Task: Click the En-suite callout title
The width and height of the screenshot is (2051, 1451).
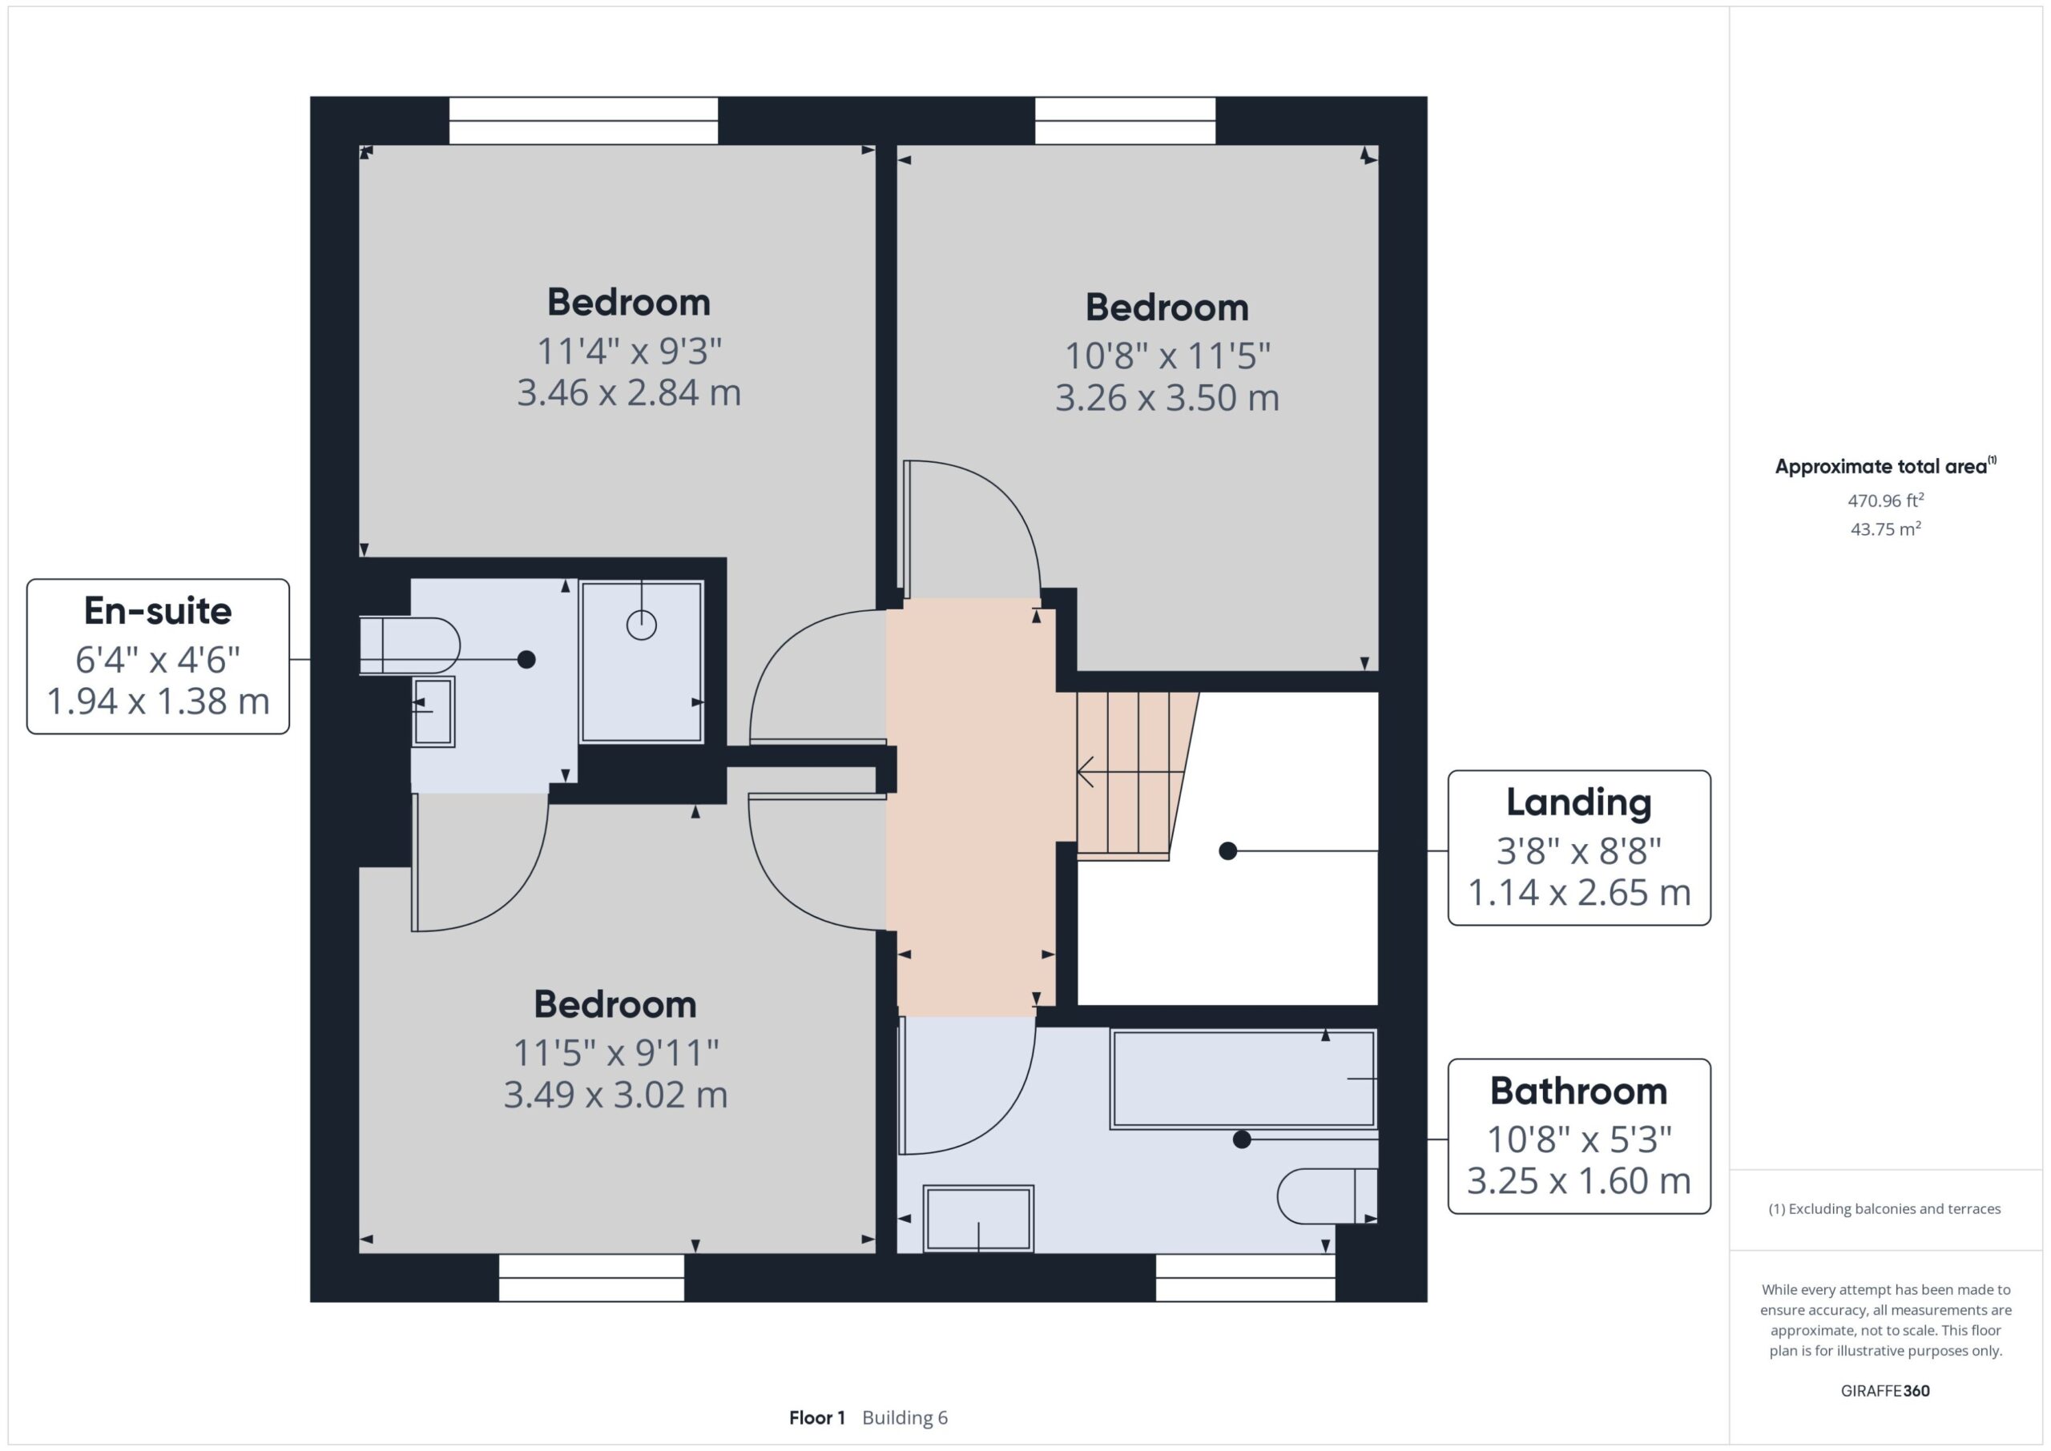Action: pyautogui.click(x=158, y=611)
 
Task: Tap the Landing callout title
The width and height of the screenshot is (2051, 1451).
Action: pyautogui.click(x=1579, y=802)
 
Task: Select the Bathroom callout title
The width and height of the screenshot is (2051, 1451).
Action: pyautogui.click(x=1579, y=1091)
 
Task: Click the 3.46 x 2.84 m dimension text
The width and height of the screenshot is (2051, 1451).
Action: pyautogui.click(x=629, y=393)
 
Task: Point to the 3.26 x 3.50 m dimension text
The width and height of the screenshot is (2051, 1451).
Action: pyautogui.click(x=1167, y=398)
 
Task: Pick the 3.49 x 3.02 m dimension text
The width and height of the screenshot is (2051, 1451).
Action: pyautogui.click(x=616, y=1095)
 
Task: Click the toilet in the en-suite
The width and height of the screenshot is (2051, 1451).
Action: pyautogui.click(x=409, y=645)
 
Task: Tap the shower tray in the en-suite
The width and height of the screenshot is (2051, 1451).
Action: pyautogui.click(x=642, y=662)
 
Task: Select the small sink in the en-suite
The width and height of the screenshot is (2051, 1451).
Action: pyautogui.click(x=433, y=712)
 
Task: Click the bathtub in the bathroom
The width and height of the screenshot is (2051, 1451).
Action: pyautogui.click(x=1243, y=1079)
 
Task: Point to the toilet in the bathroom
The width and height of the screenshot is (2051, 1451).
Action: pyautogui.click(x=1327, y=1196)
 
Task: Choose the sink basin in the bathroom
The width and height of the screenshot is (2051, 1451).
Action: pyautogui.click(x=978, y=1219)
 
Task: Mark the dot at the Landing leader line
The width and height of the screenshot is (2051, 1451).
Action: pyautogui.click(x=1228, y=851)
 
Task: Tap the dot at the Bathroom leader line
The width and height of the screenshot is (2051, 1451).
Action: pyautogui.click(x=1241, y=1140)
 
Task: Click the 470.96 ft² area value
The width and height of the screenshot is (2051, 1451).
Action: pyautogui.click(x=1886, y=500)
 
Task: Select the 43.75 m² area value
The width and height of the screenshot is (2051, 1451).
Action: pyautogui.click(x=1886, y=529)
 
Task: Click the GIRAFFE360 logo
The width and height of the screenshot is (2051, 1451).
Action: pyautogui.click(x=1886, y=1391)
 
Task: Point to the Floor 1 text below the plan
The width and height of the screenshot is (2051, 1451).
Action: pyautogui.click(x=817, y=1418)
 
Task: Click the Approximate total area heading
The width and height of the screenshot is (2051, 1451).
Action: pyautogui.click(x=1886, y=466)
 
